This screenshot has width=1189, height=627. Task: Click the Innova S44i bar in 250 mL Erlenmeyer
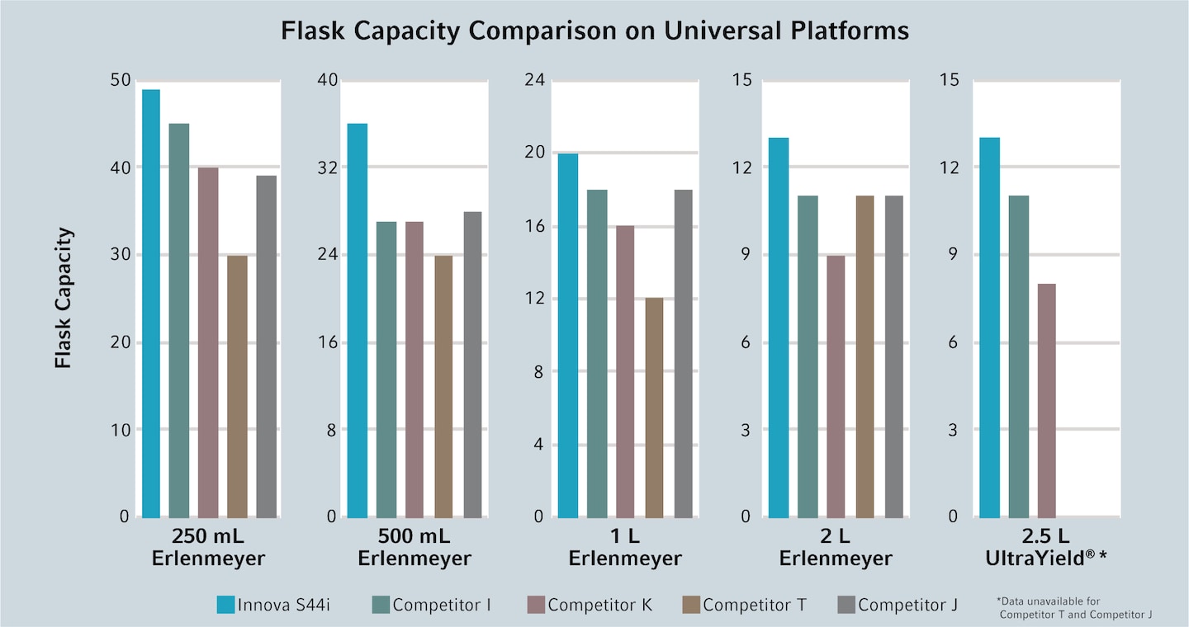(x=150, y=303)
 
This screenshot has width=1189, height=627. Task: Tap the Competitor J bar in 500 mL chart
(x=473, y=364)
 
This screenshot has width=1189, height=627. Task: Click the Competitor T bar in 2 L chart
(x=865, y=356)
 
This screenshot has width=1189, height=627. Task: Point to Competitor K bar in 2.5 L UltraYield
(x=1046, y=400)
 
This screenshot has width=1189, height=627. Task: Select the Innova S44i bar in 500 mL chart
(x=357, y=320)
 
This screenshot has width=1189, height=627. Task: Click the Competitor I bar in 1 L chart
(x=596, y=353)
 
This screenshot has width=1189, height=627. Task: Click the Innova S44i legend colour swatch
(x=225, y=605)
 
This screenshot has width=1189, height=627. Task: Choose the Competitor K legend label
(x=600, y=605)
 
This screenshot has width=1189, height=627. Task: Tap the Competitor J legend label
(x=908, y=605)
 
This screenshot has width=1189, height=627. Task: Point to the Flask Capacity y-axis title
(x=64, y=298)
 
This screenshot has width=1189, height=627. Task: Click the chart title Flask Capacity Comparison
(x=594, y=31)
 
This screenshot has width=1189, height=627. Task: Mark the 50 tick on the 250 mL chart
(x=121, y=80)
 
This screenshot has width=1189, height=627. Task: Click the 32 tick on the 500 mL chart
(x=328, y=167)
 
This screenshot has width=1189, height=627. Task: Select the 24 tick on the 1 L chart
(x=535, y=80)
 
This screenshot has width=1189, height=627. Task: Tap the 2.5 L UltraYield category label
(x=1045, y=547)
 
